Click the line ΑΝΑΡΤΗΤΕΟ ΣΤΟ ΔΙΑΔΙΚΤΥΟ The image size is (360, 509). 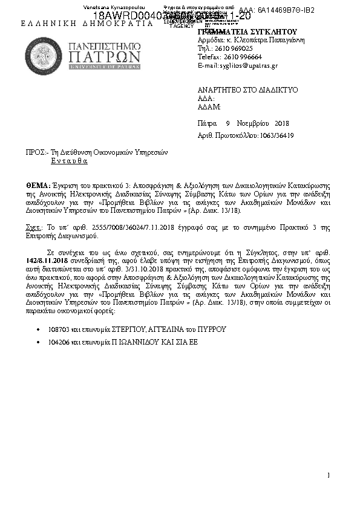tap(248, 89)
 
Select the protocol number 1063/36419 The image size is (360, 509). tap(276, 135)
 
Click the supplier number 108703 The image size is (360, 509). tap(57, 329)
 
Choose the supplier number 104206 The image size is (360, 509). tap(57, 343)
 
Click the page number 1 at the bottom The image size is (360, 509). tap(328, 475)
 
